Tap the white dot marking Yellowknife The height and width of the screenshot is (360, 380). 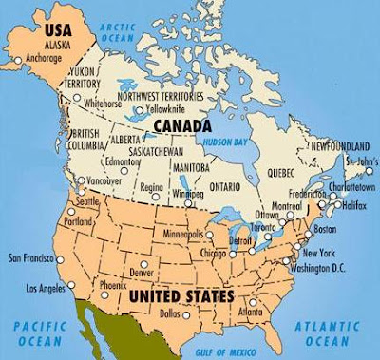tap(138, 109)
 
